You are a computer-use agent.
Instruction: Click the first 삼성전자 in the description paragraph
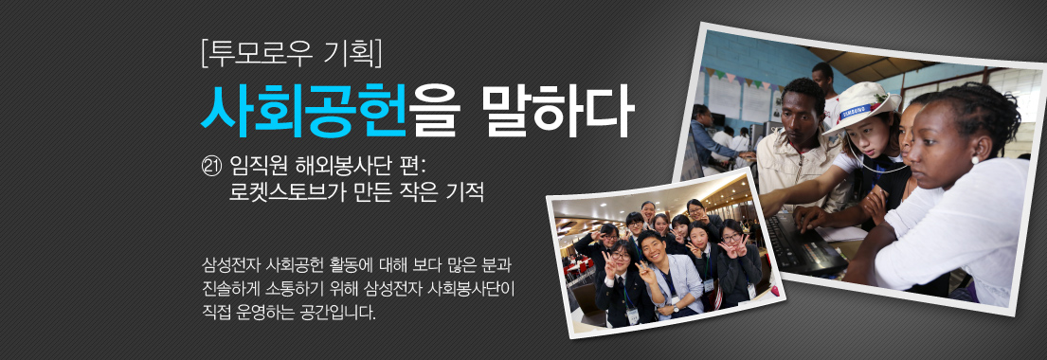tap(230, 262)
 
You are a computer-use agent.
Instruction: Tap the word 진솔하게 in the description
tap(231, 286)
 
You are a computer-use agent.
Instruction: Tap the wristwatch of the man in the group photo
tap(675, 304)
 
